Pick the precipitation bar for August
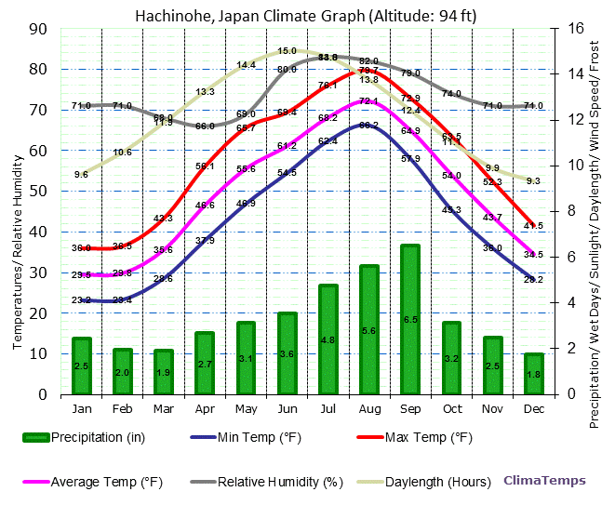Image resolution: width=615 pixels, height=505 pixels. pos(369,329)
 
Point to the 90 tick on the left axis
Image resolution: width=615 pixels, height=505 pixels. pos(38,28)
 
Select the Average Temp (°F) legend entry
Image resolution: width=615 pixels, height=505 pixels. pos(102,482)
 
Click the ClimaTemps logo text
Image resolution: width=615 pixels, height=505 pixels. pos(545,481)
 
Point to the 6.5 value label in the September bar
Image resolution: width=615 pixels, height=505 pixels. pos(410,319)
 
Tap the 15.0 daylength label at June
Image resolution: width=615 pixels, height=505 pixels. pos(287,51)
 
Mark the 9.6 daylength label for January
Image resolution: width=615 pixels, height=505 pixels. pos(81,174)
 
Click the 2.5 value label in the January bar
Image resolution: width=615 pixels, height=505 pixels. pos(81,366)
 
